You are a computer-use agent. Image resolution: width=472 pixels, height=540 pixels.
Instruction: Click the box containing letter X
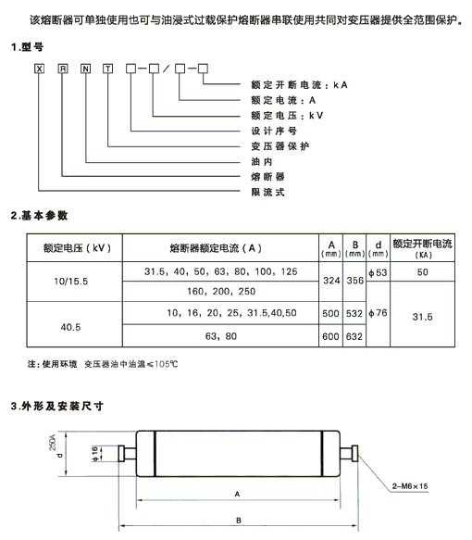(39, 69)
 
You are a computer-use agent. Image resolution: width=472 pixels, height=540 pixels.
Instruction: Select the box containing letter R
(63, 69)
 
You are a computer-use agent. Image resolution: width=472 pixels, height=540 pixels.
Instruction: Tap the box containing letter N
(85, 69)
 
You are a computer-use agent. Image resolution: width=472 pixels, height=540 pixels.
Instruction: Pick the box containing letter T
(107, 69)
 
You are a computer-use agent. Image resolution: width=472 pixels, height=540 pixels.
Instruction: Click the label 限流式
(267, 192)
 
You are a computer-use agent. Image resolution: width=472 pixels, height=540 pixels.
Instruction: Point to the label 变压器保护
(280, 146)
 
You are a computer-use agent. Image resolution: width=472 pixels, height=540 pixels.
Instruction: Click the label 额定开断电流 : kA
(299, 85)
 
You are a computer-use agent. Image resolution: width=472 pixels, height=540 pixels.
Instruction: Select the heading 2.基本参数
(39, 216)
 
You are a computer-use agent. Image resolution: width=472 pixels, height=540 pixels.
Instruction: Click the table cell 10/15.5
(71, 282)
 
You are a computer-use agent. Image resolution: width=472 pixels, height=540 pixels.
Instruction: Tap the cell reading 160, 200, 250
(221, 292)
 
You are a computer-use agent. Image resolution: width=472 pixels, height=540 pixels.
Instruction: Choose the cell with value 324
(331, 282)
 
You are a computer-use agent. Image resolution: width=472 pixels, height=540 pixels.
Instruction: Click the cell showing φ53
(379, 272)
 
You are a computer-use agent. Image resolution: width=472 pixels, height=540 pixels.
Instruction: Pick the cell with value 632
(354, 336)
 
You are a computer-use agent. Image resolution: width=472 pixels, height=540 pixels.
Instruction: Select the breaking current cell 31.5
(422, 317)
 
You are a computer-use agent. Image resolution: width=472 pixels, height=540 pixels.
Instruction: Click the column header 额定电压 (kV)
(77, 248)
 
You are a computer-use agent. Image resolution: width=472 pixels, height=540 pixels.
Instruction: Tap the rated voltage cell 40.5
(71, 327)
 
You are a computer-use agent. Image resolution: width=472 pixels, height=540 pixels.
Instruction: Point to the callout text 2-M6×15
(410, 486)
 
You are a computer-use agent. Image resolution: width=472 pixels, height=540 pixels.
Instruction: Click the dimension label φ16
(95, 454)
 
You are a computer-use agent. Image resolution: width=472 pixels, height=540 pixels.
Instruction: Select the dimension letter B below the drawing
(239, 521)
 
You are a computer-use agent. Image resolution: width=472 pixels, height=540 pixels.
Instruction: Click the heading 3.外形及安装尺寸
(56, 407)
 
